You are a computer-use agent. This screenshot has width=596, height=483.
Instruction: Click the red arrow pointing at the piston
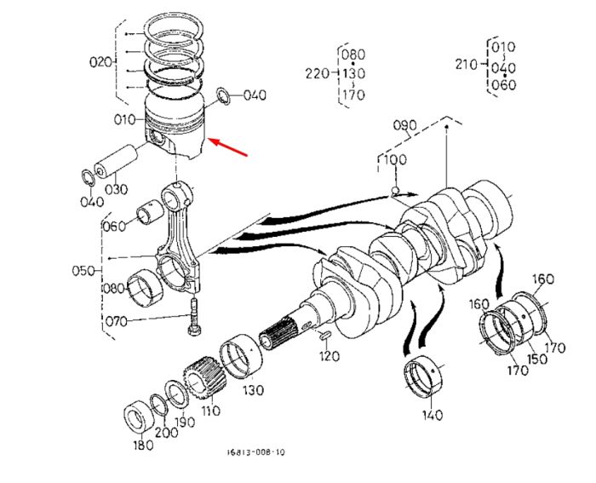click(x=228, y=147)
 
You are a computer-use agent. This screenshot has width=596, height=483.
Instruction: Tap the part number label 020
click(x=100, y=61)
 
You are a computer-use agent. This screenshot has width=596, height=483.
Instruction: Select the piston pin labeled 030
click(x=115, y=161)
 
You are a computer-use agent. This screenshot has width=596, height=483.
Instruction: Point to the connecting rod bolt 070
click(x=194, y=317)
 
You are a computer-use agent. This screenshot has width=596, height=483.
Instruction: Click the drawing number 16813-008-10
click(x=255, y=452)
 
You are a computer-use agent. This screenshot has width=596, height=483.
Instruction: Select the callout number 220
click(x=317, y=73)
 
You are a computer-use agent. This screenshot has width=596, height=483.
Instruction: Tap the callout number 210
click(x=467, y=64)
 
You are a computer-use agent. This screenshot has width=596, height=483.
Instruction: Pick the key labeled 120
click(x=325, y=336)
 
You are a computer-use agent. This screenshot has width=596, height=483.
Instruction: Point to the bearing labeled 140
click(x=424, y=376)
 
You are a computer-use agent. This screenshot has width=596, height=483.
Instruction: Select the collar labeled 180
click(x=139, y=418)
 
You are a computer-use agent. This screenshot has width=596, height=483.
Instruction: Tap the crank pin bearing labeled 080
click(x=145, y=288)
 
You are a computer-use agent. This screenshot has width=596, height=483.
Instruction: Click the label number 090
click(x=404, y=125)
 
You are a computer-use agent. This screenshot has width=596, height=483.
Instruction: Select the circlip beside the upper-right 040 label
click(x=223, y=96)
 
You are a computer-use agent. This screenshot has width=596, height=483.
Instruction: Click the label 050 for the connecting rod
click(x=83, y=271)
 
